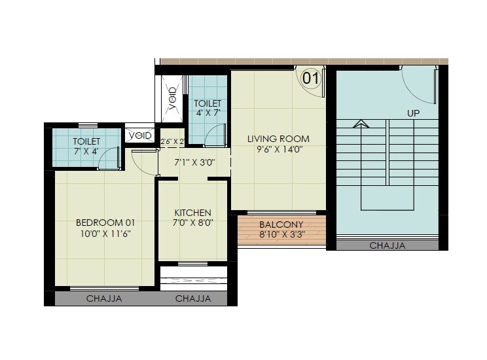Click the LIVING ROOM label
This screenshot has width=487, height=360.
point(278,139)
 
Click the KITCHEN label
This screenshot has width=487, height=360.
point(192,213)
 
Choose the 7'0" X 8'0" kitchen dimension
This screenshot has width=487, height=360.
point(192,223)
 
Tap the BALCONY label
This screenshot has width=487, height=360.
point(282,223)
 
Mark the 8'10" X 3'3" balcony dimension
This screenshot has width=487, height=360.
point(282,234)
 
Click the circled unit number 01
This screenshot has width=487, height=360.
point(310,79)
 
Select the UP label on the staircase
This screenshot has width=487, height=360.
point(413,113)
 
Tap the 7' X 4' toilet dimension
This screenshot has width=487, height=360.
point(86,151)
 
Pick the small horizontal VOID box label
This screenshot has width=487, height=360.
point(140,135)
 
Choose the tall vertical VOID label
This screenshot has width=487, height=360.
point(173,98)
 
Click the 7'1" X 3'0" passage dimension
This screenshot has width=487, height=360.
point(194,162)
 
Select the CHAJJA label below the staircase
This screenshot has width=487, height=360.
point(388,246)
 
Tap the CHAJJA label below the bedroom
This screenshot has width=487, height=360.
point(105,299)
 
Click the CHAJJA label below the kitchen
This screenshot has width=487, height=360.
point(193,299)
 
